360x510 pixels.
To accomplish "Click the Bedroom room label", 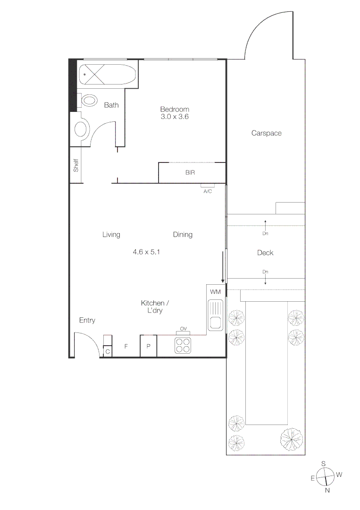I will (174, 109).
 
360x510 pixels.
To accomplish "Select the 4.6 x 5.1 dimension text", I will (147, 252).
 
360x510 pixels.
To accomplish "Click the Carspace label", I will (266, 133).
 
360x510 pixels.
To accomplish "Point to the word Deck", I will (265, 253).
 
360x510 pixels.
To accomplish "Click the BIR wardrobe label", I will (190, 173).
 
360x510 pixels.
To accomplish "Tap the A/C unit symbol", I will (208, 186).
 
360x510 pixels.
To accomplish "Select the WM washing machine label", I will (216, 292).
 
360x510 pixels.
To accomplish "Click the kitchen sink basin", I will (216, 323).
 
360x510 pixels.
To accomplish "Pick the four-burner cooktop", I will (183, 346).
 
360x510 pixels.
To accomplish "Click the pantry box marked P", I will (148, 347).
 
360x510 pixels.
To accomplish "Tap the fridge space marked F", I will (126, 347).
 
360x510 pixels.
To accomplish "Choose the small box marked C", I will (108, 351).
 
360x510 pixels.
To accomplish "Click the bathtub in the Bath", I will (108, 75).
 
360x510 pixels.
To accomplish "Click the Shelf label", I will (76, 165).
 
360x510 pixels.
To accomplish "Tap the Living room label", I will (111, 235).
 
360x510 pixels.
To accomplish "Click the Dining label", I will (183, 235).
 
